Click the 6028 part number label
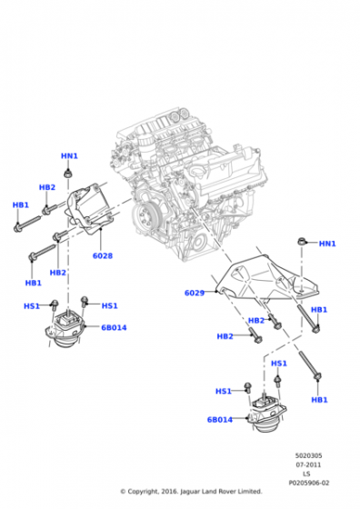point(103,255)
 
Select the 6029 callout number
point(195,293)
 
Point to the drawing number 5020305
point(308,455)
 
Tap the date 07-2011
point(308,464)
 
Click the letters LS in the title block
point(306,474)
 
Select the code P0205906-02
point(309,483)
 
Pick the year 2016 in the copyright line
point(169,492)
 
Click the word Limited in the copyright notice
point(250,492)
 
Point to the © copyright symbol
point(123,492)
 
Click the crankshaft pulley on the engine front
point(146,215)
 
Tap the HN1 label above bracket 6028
point(69,156)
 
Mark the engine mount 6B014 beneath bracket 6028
point(65,329)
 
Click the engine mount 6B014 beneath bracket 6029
point(266,414)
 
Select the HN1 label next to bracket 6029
point(327,244)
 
